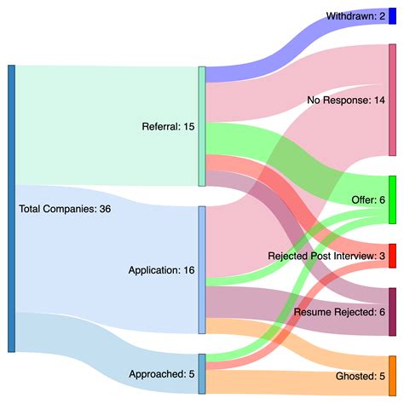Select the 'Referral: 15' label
(x=168, y=127)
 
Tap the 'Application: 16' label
(x=161, y=270)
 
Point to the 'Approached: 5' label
(x=162, y=373)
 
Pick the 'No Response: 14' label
(x=346, y=101)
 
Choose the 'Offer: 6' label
(x=368, y=199)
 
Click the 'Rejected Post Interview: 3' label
(x=326, y=256)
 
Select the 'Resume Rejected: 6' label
(x=339, y=312)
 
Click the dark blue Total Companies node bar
(x=11, y=208)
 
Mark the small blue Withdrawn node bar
(x=392, y=16)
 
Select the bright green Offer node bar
(x=392, y=199)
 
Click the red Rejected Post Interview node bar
(x=392, y=256)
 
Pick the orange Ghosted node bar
(x=392, y=375)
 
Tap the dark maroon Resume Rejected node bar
(x=392, y=312)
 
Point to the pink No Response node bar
(x=392, y=101)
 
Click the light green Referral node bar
(x=202, y=126)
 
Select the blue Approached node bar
(x=202, y=373)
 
